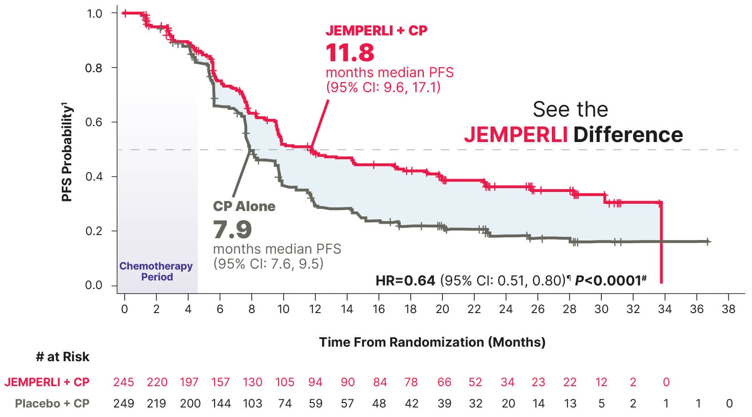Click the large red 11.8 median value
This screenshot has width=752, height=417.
pos(350,53)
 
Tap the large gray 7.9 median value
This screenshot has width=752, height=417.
pos(232,229)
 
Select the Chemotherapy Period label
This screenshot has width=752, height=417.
pos(156,271)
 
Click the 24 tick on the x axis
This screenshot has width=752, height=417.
pos(506,309)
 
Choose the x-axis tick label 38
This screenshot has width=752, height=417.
pos(728,309)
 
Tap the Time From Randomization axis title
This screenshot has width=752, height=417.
pos(432,342)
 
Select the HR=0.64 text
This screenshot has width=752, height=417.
pos(405,281)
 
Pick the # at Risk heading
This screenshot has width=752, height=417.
pos(63,357)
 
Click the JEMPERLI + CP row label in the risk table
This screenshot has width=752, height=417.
pos(47,382)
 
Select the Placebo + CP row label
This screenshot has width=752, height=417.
pos(52,403)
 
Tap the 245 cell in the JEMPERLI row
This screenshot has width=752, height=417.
pos(123,382)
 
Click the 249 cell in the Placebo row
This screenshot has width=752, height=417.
pos(123,403)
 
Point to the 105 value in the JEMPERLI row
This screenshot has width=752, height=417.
pos(285,382)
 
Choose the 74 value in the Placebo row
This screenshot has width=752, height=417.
pos(285,403)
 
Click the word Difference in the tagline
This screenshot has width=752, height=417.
pos(628,135)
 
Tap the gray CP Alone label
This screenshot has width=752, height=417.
pos(244,206)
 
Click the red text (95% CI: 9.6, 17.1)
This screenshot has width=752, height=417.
pos(383,87)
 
